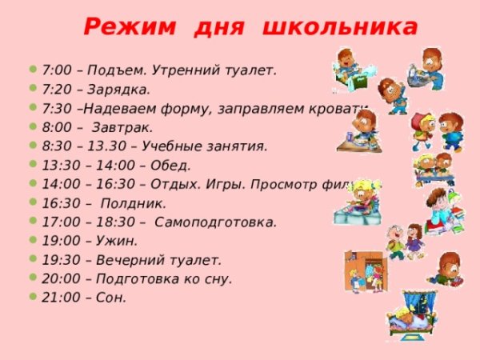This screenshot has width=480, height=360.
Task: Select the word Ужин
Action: (117, 240)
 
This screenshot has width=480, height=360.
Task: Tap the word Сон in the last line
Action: (111, 298)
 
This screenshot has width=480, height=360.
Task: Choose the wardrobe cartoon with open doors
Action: (366, 270)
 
